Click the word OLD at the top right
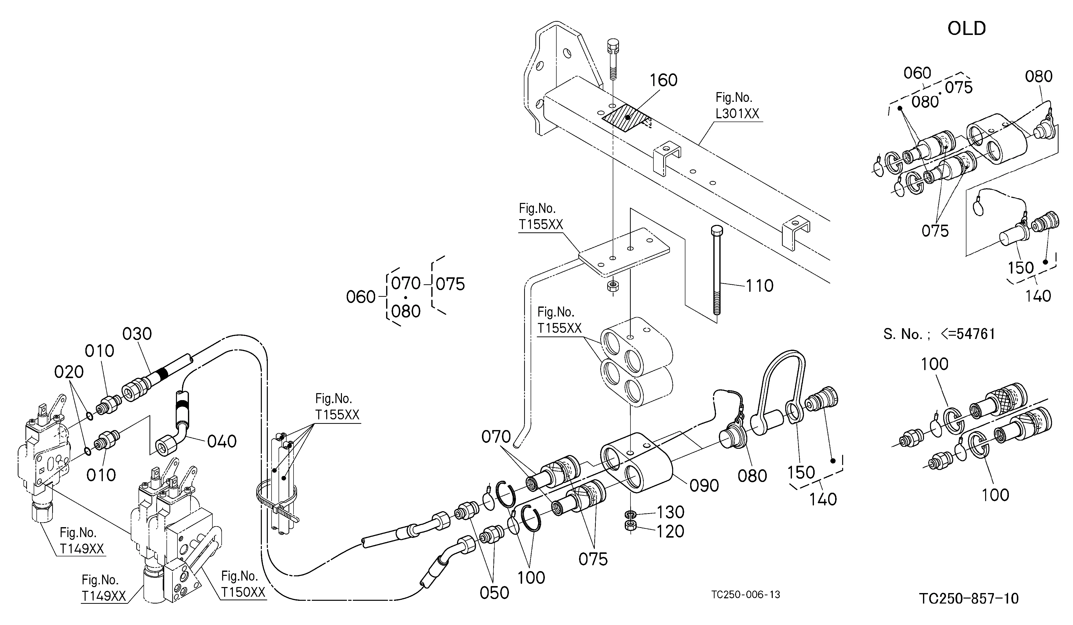click(x=967, y=28)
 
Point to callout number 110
click(x=760, y=286)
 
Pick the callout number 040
click(x=222, y=442)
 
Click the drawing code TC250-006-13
click(x=746, y=595)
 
